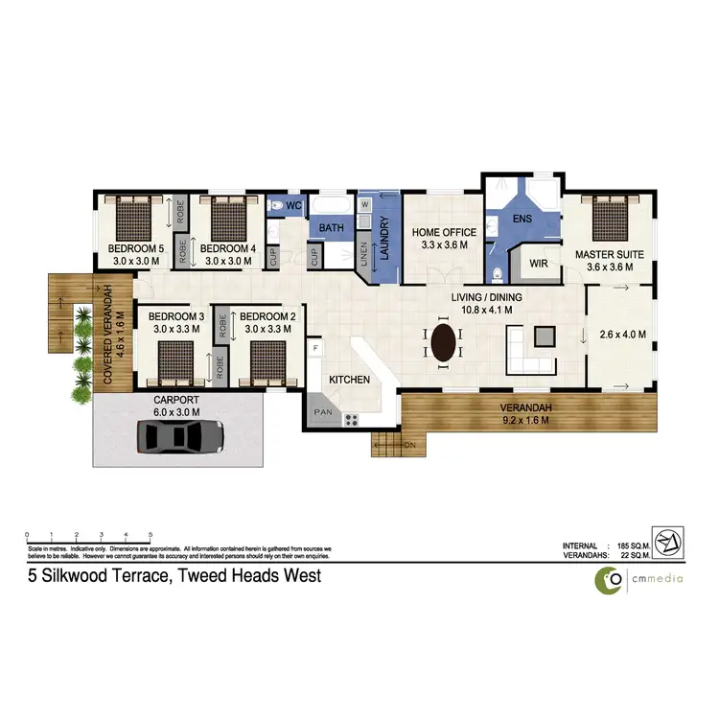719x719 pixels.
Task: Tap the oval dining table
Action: coord(444,342)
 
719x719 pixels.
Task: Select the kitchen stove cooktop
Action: coord(351,419)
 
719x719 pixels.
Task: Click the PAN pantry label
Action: coord(320,413)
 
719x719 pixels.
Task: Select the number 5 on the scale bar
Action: coord(151,535)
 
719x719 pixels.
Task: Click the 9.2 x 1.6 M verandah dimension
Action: coord(525,419)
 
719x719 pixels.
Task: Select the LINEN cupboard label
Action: coord(349,251)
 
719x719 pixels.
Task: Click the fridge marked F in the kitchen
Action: coord(314,346)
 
